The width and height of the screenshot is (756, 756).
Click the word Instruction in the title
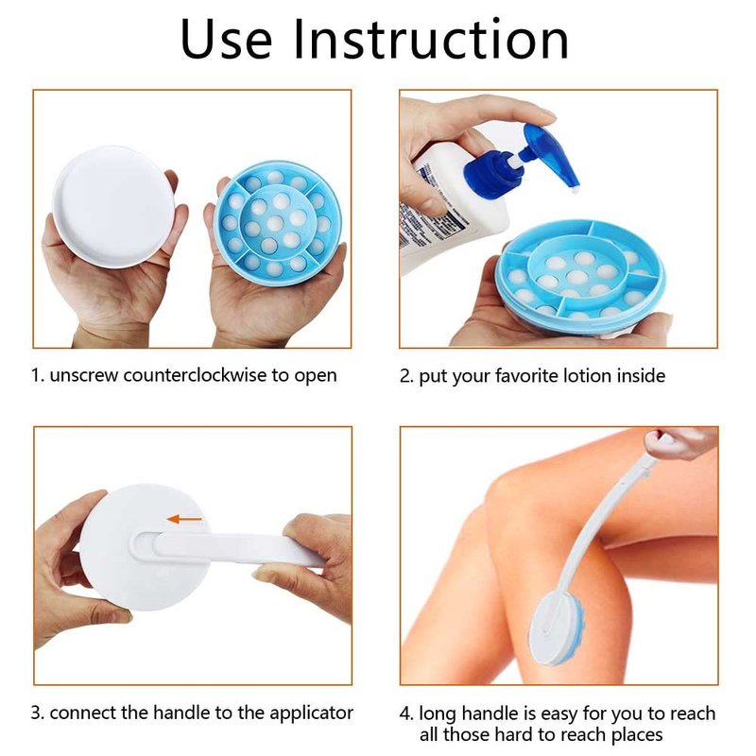pos(431,40)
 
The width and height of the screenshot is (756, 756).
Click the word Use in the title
pos(226,40)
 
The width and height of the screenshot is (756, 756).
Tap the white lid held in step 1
pos(113,207)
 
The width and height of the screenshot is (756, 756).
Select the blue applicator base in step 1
pos(278,223)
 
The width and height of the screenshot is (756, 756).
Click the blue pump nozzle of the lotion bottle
pos(554,155)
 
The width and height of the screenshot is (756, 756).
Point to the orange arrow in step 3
pos(184,519)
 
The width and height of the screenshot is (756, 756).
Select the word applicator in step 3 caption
pos(312,713)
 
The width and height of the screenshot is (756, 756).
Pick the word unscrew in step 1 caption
pos(84,375)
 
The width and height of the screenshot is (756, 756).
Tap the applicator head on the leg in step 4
pos(557,627)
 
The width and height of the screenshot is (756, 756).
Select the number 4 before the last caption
pos(405,714)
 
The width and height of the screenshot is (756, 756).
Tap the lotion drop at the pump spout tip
pos(575,192)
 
